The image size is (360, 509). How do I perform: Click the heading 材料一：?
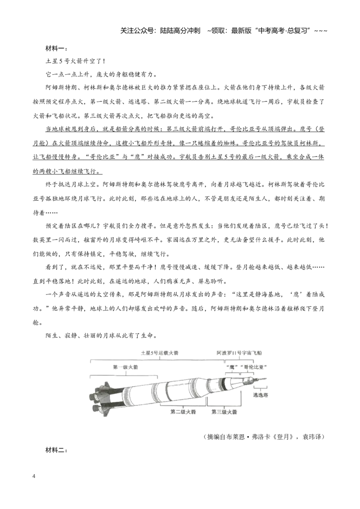[x=56, y=49]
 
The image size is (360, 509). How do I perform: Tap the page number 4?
[x=34, y=476]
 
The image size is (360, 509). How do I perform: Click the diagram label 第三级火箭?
[x=224, y=411]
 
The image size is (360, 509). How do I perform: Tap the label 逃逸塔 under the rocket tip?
[x=261, y=395]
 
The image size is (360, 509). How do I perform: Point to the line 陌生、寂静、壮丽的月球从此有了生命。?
[x=101, y=335]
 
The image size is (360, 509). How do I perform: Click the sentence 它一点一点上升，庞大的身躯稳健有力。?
[x=101, y=74]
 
